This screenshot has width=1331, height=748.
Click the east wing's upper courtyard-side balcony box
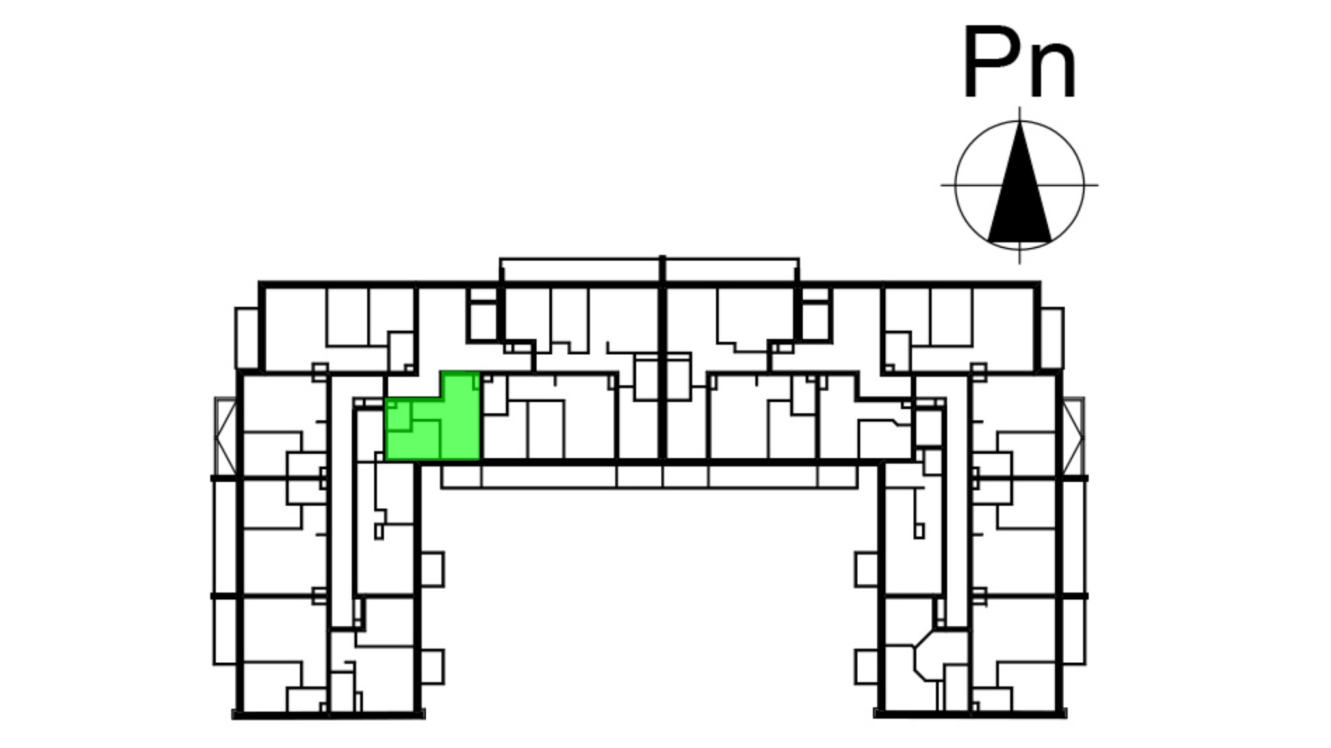[x=867, y=569]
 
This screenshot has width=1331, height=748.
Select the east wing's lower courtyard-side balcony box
[x=867, y=666]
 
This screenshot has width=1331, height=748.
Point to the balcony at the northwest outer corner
[x=247, y=339]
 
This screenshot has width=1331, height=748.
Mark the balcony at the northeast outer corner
[x=1052, y=339]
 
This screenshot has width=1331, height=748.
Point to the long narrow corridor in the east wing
[x=956, y=513]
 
